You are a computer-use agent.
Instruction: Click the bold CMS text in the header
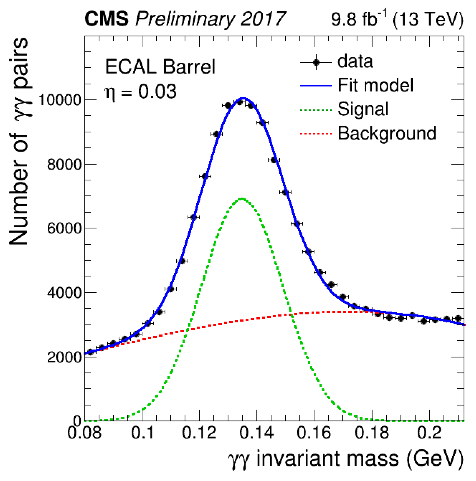pos(106,19)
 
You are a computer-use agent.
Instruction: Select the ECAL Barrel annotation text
pos(160,67)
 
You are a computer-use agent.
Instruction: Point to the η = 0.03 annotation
pos(140,92)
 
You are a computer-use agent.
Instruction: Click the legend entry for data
pos(355,62)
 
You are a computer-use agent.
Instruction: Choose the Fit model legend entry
pos(375,85)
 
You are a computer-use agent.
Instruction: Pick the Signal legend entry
pos(363,109)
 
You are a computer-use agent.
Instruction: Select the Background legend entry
pos(387,133)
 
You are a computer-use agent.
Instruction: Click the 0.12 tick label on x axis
pos(199,433)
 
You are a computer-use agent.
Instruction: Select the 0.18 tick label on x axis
pos(372,433)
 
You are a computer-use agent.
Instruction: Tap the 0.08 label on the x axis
pos(84,433)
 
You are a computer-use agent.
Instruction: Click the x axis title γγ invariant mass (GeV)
pos(346,459)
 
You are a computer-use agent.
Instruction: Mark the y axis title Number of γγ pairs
pos(19,142)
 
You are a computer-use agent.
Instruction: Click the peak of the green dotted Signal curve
pos(242,199)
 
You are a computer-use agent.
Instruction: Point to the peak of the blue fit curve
pos(243,98)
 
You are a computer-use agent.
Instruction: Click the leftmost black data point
pos(91,352)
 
